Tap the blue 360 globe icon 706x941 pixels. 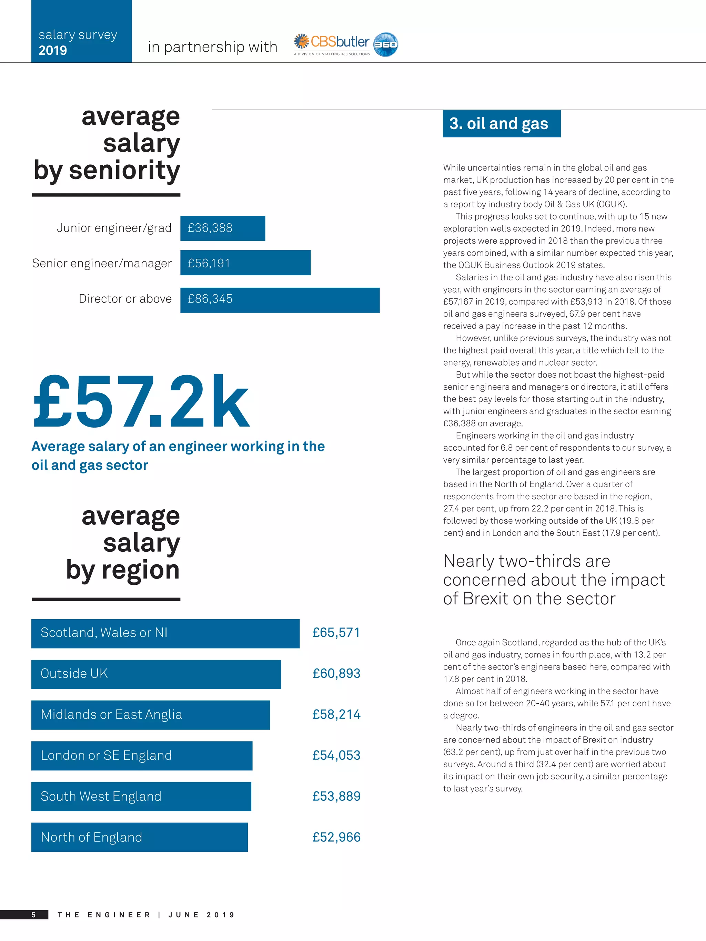tap(385, 44)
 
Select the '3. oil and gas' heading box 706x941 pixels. tap(501, 123)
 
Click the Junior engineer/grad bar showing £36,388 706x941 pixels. tap(223, 228)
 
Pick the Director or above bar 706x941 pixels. tap(280, 300)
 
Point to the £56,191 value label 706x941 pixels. tap(209, 263)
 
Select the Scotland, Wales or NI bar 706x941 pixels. tap(165, 633)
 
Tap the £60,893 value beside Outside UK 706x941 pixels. tap(336, 673)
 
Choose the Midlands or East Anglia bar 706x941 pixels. tap(150, 715)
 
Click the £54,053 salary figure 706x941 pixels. tap(336, 756)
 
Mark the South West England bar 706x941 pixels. tap(141, 796)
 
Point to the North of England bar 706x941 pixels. tap(139, 837)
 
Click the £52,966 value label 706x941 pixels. tap(336, 837)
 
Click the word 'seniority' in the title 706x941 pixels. tap(124, 170)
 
